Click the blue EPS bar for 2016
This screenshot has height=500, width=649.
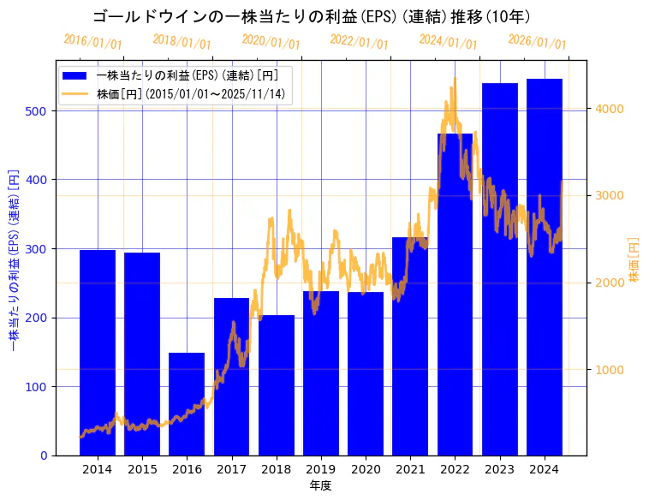187,403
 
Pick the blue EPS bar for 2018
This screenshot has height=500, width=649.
276,385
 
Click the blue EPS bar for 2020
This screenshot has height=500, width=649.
366,373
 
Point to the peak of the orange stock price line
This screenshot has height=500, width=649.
455,79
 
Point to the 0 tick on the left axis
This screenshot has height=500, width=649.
45,455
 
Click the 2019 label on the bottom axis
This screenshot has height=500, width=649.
320,469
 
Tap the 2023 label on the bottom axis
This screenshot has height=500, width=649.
499,469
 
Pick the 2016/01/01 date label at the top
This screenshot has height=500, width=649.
92,42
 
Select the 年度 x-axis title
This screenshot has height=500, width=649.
320,485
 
